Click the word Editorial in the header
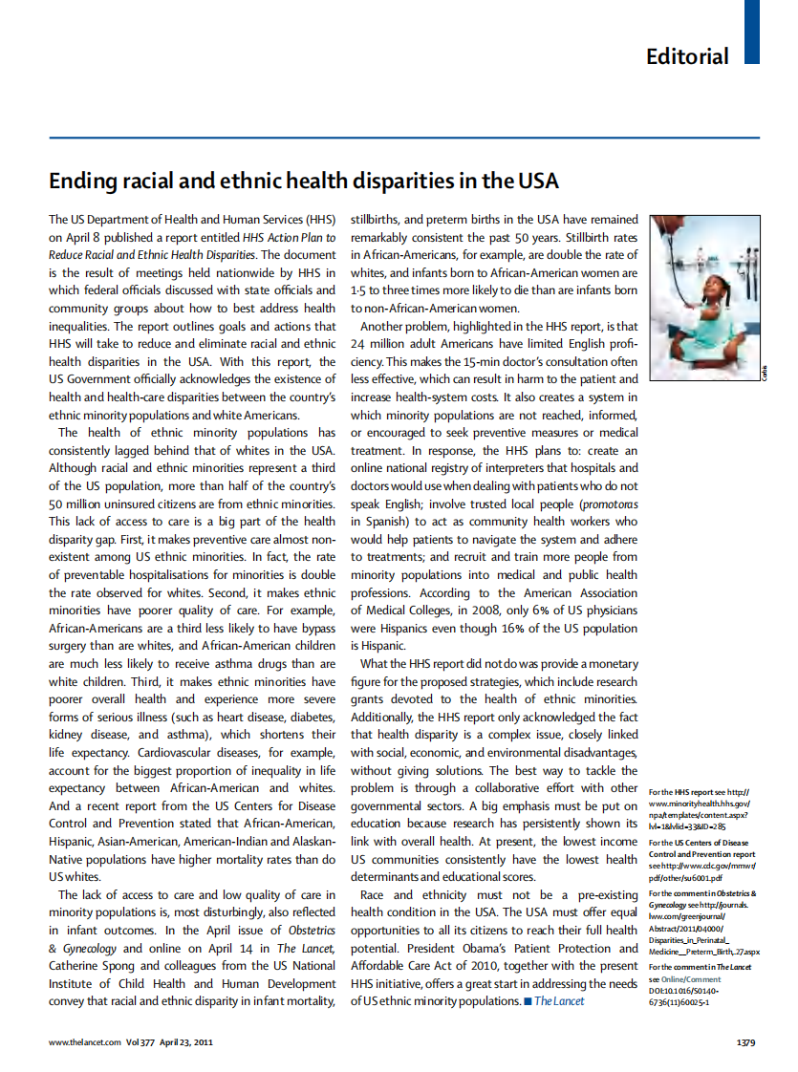tap(687, 56)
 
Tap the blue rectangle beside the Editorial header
tap(752, 32)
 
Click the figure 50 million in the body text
tap(80, 504)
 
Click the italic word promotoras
tap(609, 504)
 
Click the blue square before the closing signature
tap(527, 1001)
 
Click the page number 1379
tap(746, 1042)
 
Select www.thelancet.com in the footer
tap(85, 1042)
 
